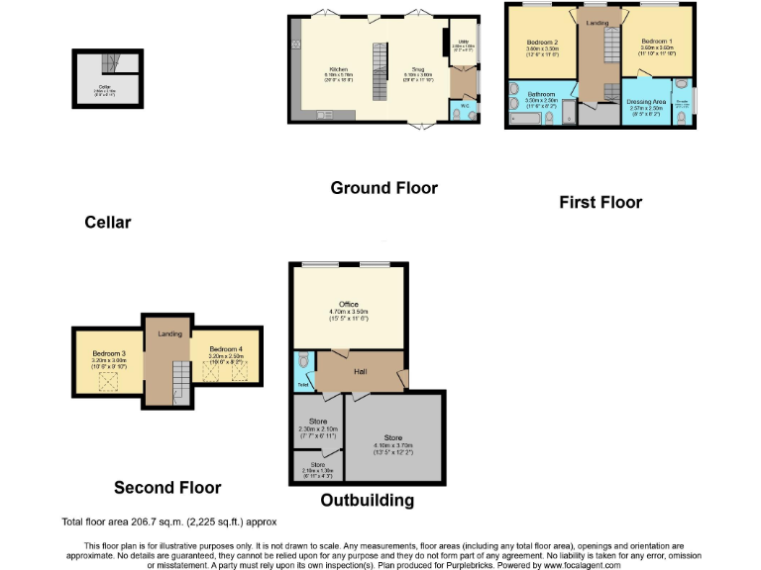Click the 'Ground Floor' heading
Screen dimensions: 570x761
[x=383, y=188]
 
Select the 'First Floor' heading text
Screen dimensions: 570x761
[x=600, y=202]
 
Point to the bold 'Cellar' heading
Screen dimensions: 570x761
[x=107, y=223]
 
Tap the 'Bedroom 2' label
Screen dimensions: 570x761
[x=543, y=42]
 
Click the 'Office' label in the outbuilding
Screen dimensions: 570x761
[x=348, y=304]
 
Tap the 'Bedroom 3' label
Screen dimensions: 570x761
[x=109, y=353]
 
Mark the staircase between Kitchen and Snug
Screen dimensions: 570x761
[x=378, y=72]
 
